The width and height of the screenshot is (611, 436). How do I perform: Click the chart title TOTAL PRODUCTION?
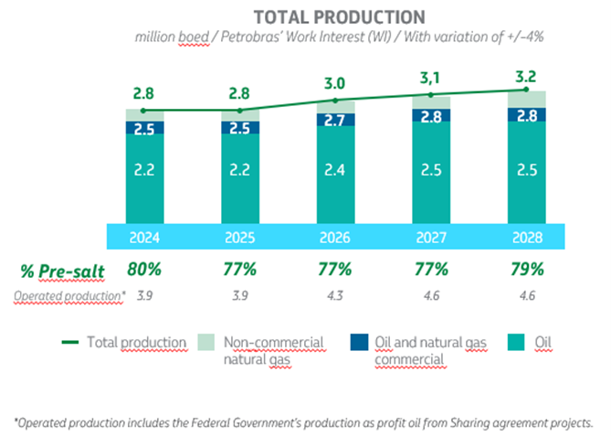click(x=339, y=17)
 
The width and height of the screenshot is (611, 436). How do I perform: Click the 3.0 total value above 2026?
click(x=335, y=84)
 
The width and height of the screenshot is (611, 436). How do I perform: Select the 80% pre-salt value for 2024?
click(x=145, y=270)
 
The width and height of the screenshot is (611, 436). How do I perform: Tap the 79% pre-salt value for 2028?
click(x=525, y=270)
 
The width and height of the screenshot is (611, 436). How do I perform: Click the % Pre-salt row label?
click(x=57, y=270)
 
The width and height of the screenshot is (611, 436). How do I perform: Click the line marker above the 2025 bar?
click(x=240, y=111)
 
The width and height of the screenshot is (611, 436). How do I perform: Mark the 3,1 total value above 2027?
click(x=430, y=80)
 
